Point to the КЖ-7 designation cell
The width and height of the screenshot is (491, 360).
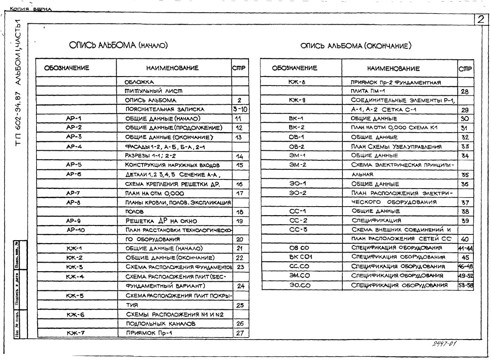pos(76,333)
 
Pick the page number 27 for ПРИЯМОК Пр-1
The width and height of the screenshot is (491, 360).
pos(240,333)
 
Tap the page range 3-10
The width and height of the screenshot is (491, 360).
pos(240,109)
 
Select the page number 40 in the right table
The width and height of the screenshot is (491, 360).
pos(465,239)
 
